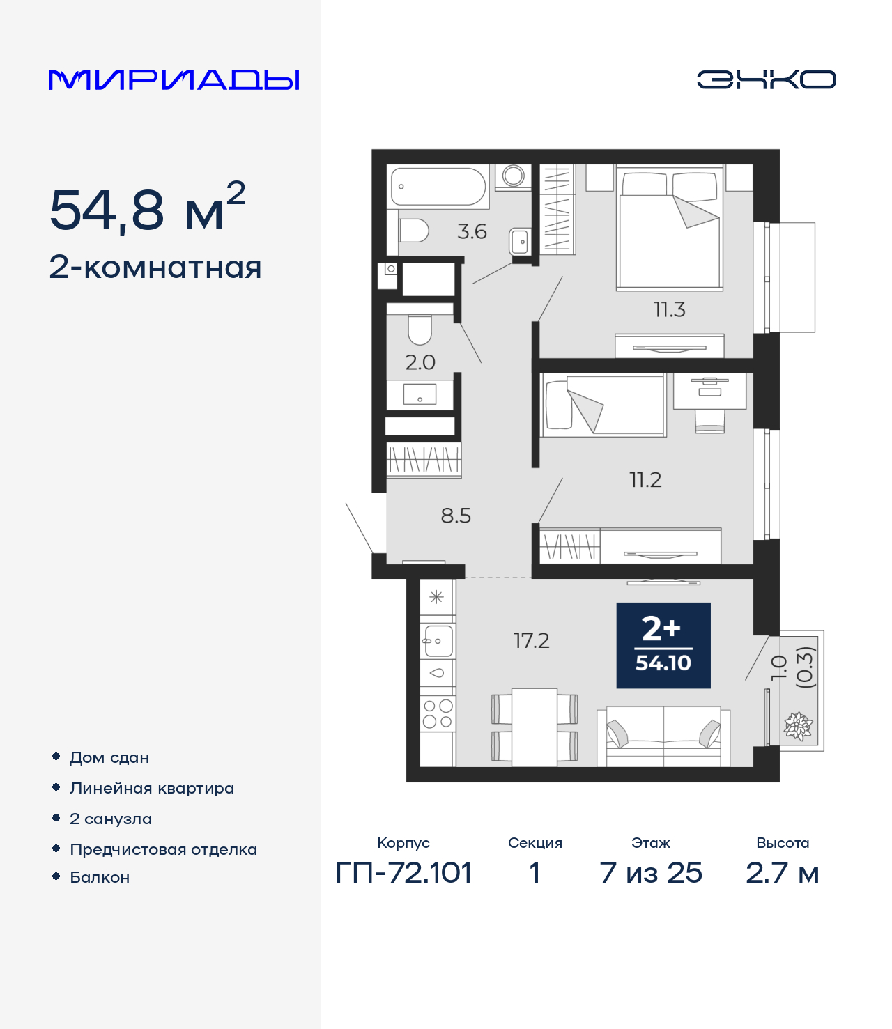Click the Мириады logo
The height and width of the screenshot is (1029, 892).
click(174, 80)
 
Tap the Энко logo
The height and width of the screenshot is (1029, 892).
click(766, 79)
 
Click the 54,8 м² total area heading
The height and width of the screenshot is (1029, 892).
click(147, 208)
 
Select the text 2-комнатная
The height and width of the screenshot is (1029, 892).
click(155, 268)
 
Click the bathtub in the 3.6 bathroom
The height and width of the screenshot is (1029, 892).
click(438, 186)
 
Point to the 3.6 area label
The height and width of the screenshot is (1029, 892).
click(472, 231)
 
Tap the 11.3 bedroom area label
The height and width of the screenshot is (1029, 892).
click(669, 309)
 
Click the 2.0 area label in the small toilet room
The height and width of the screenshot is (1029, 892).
click(420, 362)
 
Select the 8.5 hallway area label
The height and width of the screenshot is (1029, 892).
click(456, 516)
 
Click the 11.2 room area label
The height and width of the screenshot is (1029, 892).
click(645, 480)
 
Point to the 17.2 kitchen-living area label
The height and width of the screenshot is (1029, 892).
click(531, 640)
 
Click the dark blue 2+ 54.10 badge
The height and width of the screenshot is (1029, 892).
click(663, 645)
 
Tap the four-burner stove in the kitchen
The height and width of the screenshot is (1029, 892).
click(438, 714)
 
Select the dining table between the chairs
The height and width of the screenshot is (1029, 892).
click(535, 727)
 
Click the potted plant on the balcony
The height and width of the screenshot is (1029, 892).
click(798, 727)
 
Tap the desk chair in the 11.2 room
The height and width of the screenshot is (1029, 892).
click(709, 421)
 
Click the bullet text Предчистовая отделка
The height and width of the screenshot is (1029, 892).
click(163, 849)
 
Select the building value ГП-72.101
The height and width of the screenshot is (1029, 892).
click(403, 872)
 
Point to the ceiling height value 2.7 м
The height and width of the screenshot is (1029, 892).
click(782, 872)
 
